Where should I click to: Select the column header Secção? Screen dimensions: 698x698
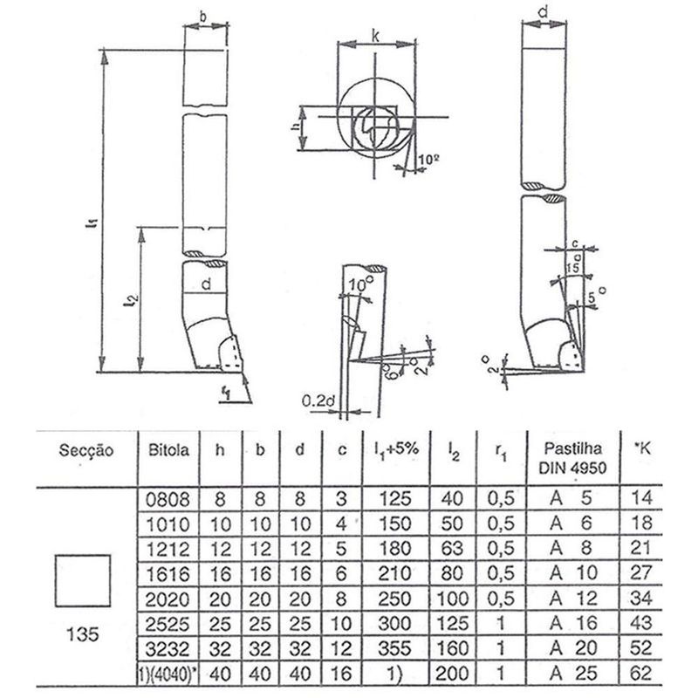point(85,451)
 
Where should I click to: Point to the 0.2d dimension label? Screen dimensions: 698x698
point(318,401)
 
